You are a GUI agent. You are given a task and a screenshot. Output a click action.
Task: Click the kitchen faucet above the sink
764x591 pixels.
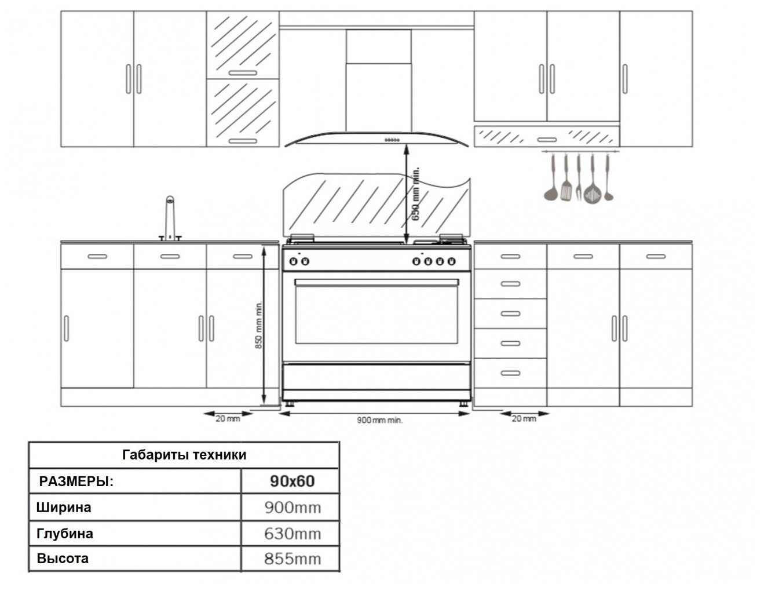click(170, 219)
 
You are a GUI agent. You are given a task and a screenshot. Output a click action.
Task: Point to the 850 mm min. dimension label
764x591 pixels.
click(259, 325)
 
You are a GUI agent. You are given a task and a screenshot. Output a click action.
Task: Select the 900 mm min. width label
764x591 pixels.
click(379, 419)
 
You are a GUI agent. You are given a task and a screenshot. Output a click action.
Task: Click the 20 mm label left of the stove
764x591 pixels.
click(228, 418)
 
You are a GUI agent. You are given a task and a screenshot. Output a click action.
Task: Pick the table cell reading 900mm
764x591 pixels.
click(292, 508)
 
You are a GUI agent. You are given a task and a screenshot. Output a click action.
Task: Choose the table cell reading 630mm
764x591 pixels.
click(292, 533)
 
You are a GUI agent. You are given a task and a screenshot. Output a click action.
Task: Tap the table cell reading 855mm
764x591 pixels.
click(292, 559)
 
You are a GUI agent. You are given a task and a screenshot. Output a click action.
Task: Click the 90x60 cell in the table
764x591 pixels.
click(292, 481)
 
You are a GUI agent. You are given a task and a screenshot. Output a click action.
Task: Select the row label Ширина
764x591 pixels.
click(64, 508)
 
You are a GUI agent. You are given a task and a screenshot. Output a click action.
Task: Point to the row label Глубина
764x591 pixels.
click(65, 533)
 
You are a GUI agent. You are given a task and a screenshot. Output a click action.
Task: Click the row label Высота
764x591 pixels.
click(63, 559)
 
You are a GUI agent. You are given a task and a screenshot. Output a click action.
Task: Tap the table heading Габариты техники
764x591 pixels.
click(184, 455)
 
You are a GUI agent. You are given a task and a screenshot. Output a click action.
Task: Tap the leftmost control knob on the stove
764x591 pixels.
click(294, 262)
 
